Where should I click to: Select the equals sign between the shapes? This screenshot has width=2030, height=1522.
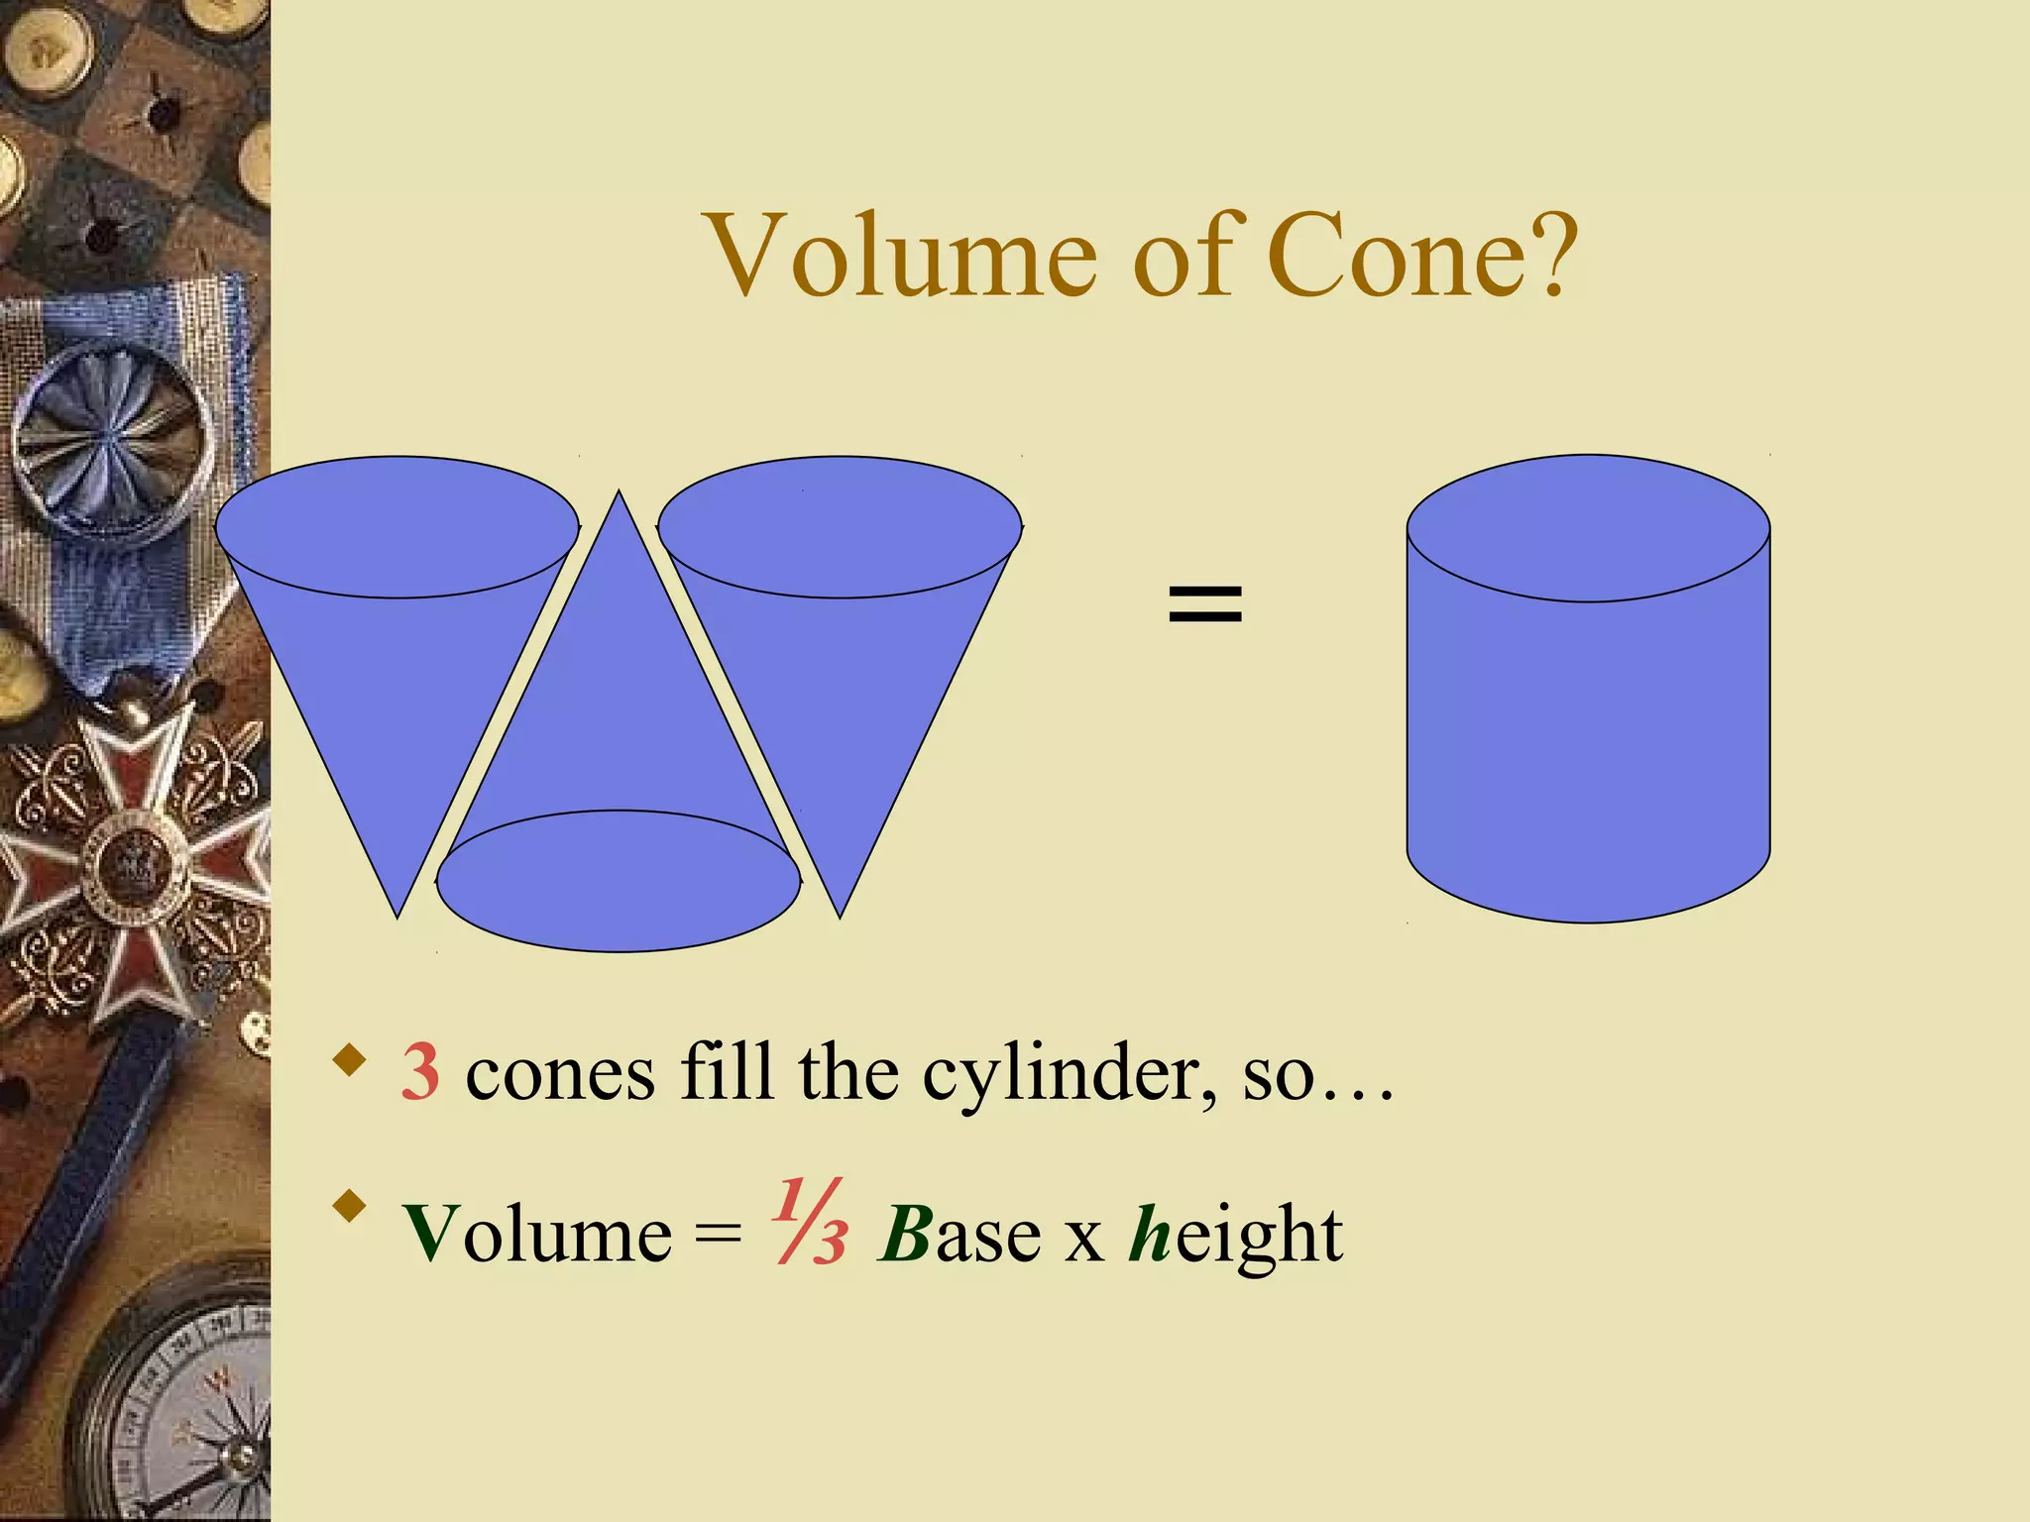[x=1204, y=602]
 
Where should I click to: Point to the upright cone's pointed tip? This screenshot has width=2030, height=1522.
[x=620, y=494]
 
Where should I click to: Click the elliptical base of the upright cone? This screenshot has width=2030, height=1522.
[x=619, y=881]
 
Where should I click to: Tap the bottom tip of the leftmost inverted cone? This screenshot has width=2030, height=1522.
[x=397, y=915]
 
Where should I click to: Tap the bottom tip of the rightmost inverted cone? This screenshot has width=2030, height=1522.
[x=840, y=915]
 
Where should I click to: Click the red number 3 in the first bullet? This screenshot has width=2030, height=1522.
[x=420, y=1072]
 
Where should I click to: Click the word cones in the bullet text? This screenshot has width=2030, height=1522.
[x=560, y=1074]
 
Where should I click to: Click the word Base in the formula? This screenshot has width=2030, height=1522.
[x=959, y=1235]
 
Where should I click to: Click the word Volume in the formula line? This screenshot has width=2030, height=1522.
[x=536, y=1235]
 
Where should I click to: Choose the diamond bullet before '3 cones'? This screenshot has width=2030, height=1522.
[x=349, y=1059]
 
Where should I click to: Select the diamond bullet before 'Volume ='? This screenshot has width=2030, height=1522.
[x=349, y=1207]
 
